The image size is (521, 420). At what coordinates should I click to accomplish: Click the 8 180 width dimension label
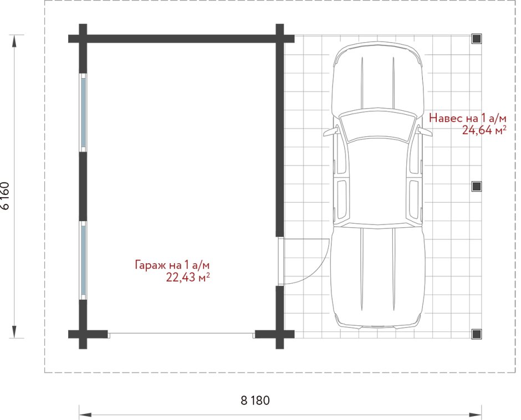[x=255, y=401]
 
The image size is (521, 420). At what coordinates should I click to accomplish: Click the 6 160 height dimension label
[x=6, y=196]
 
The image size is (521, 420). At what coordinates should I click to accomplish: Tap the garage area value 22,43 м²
[x=188, y=277]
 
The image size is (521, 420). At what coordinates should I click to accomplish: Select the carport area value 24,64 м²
[x=484, y=130]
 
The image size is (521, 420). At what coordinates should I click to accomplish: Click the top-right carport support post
[x=477, y=39]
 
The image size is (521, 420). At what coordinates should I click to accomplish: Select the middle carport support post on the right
[x=477, y=186]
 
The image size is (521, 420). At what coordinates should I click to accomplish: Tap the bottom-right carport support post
[x=477, y=334]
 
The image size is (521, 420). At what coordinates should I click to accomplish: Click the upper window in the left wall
[x=83, y=112]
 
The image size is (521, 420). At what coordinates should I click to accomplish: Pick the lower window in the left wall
[x=83, y=260]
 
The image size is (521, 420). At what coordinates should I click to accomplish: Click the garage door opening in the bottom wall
[x=181, y=334]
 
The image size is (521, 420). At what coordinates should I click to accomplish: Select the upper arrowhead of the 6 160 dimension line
[x=14, y=42]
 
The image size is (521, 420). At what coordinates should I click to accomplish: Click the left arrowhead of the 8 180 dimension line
[x=85, y=415]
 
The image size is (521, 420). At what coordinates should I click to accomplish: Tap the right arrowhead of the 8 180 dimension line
[x=475, y=415]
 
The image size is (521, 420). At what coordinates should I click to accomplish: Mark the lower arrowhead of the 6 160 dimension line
[x=14, y=331]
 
